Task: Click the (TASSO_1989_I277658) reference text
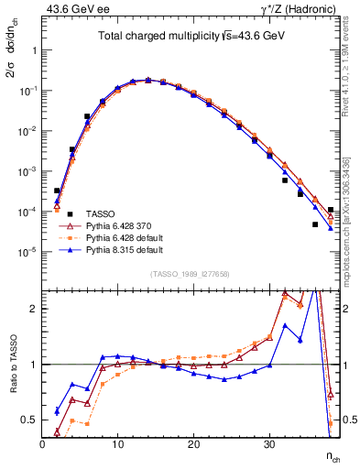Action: [191, 274]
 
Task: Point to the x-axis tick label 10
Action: [117, 444]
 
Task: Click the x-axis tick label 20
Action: [193, 444]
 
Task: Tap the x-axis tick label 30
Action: [268, 444]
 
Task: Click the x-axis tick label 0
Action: [42, 444]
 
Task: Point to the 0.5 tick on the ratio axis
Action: [31, 420]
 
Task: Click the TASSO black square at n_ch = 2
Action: [57, 191]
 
